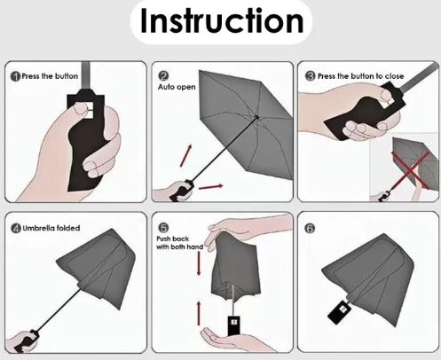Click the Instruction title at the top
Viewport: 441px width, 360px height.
click(x=222, y=21)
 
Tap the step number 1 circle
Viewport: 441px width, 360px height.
click(x=15, y=76)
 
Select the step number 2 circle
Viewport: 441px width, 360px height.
click(x=163, y=76)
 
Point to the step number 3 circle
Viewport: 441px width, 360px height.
click(x=311, y=76)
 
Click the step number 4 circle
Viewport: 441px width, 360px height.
click(x=16, y=228)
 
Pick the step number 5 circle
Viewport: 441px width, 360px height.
click(x=163, y=228)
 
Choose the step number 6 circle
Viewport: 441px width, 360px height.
click(x=310, y=228)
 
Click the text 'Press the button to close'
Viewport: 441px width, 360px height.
click(x=360, y=76)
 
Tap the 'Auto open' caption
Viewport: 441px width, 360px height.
click(x=177, y=87)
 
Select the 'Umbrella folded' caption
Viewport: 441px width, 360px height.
click(x=51, y=228)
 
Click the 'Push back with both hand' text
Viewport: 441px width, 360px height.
click(x=180, y=243)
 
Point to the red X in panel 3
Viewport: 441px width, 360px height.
click(x=411, y=170)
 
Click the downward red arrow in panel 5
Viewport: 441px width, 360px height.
click(x=199, y=263)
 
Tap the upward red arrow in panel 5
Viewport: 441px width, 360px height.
click(x=199, y=313)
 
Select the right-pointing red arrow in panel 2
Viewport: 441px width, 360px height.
click(x=210, y=187)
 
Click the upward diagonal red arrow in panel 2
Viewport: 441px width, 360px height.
click(x=186, y=155)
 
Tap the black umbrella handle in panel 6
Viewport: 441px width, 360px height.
click(x=340, y=312)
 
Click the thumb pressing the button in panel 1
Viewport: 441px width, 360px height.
click(x=81, y=110)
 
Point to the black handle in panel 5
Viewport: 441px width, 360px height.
click(x=234, y=325)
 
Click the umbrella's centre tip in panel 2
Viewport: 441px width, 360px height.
click(x=256, y=117)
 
